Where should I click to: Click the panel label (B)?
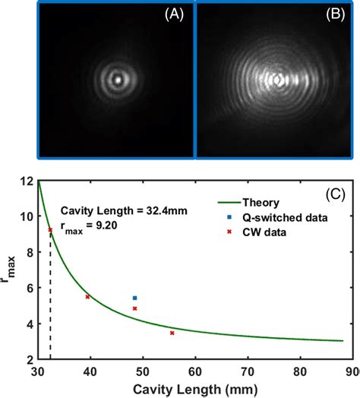(335, 13)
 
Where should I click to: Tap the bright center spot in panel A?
(117, 77)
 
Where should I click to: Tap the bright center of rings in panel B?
(279, 78)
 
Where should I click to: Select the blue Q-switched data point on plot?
(134, 298)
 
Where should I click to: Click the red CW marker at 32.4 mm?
(50, 230)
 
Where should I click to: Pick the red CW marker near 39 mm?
(87, 297)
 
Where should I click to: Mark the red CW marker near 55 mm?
(172, 333)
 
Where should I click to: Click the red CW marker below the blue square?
(134, 308)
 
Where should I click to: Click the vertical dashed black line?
(50, 304)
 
